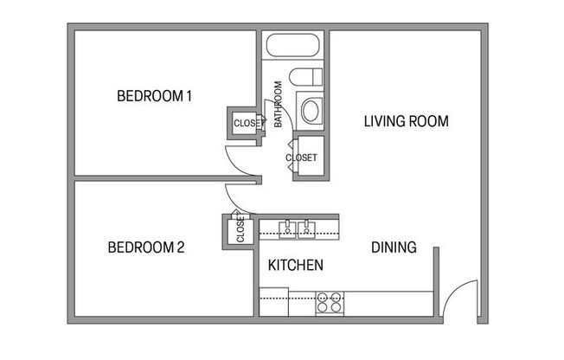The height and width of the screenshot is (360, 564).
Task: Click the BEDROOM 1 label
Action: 154,96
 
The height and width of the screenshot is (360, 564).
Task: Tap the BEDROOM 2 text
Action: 146,247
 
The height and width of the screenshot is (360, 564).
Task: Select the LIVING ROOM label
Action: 406,121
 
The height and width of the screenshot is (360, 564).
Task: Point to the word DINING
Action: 394,247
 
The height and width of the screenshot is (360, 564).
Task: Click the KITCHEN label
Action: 296,265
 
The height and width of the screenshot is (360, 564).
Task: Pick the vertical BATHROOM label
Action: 279,105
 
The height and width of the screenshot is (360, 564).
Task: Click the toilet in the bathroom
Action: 308,77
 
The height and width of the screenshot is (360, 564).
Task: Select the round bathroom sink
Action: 310,110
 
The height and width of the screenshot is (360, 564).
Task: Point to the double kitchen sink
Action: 298,228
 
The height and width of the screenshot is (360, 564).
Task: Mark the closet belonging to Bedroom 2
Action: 240,230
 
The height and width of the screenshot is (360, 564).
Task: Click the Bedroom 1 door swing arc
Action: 240,160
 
